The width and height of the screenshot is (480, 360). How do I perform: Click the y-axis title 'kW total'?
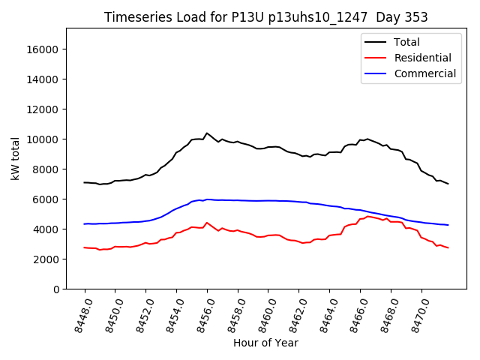click(x=16, y=158)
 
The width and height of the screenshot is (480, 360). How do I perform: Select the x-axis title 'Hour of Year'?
click(x=265, y=343)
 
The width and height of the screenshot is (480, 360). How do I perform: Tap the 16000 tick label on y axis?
click(x=43, y=49)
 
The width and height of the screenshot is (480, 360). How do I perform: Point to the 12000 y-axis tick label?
click(x=43, y=109)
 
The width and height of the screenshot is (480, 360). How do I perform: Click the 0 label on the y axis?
click(x=56, y=289)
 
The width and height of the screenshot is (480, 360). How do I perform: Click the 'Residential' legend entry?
click(x=423, y=58)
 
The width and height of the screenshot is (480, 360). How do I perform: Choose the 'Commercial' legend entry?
click(x=425, y=73)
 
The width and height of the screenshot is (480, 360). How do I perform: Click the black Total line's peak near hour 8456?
click(x=207, y=133)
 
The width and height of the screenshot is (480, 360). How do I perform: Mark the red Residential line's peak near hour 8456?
click(x=207, y=223)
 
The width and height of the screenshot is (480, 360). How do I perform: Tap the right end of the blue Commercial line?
click(x=448, y=225)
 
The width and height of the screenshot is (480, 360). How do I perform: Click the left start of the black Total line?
click(x=85, y=182)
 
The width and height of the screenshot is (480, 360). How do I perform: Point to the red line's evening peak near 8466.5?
click(x=367, y=216)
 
